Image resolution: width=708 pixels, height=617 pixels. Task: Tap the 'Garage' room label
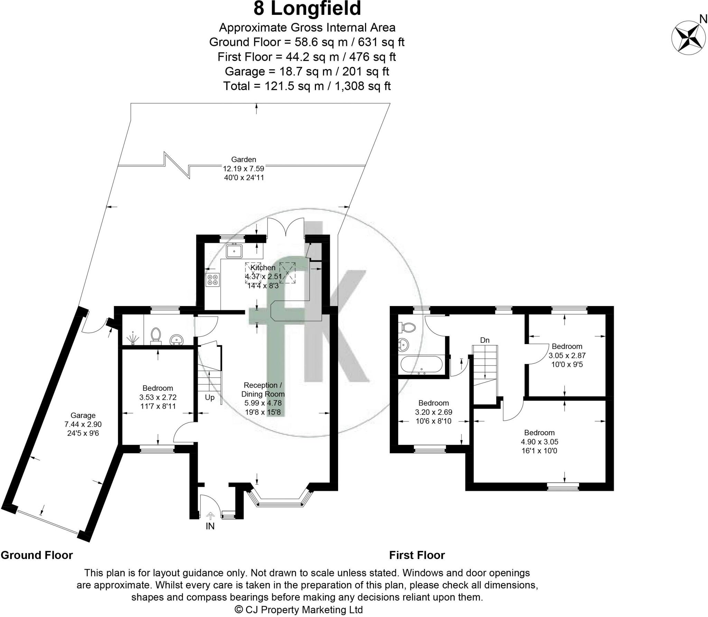point(83,416)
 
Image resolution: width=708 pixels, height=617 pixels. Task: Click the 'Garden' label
point(244,160)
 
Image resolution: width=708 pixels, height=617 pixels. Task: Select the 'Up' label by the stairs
point(210,398)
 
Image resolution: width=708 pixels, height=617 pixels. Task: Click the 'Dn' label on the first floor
point(485,340)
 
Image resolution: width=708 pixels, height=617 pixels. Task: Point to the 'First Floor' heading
point(417,555)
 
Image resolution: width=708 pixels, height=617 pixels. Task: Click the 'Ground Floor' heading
point(37,555)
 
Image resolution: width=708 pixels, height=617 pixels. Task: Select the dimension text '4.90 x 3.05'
point(540,442)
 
